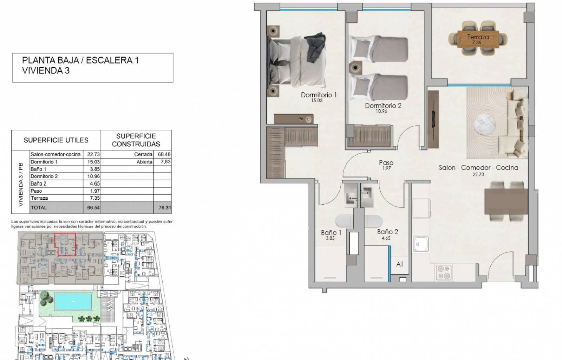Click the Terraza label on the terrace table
pyautogui.click(x=478, y=37)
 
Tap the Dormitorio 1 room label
pyautogui.click(x=319, y=95)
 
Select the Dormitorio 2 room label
pyautogui.click(x=383, y=106)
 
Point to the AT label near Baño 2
pyautogui.click(x=400, y=264)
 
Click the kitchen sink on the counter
pyautogui.click(x=421, y=244)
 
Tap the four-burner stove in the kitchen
pyautogui.click(x=444, y=272)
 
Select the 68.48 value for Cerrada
pyautogui.click(x=164, y=154)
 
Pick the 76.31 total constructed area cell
pyautogui.click(x=165, y=208)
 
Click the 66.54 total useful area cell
pyautogui.click(x=93, y=208)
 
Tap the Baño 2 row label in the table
pyautogui.click(x=38, y=184)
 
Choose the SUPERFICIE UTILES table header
pyautogui.click(x=56, y=140)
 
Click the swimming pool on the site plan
pyautogui.click(x=73, y=301)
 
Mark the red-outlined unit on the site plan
pyautogui.click(x=65, y=244)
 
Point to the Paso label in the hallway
pyautogui.click(x=386, y=163)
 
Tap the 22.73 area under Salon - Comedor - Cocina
pyautogui.click(x=478, y=174)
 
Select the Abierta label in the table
pyautogui.click(x=144, y=162)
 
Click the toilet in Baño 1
pyautogui.click(x=344, y=221)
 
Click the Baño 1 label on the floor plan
pyautogui.click(x=331, y=233)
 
